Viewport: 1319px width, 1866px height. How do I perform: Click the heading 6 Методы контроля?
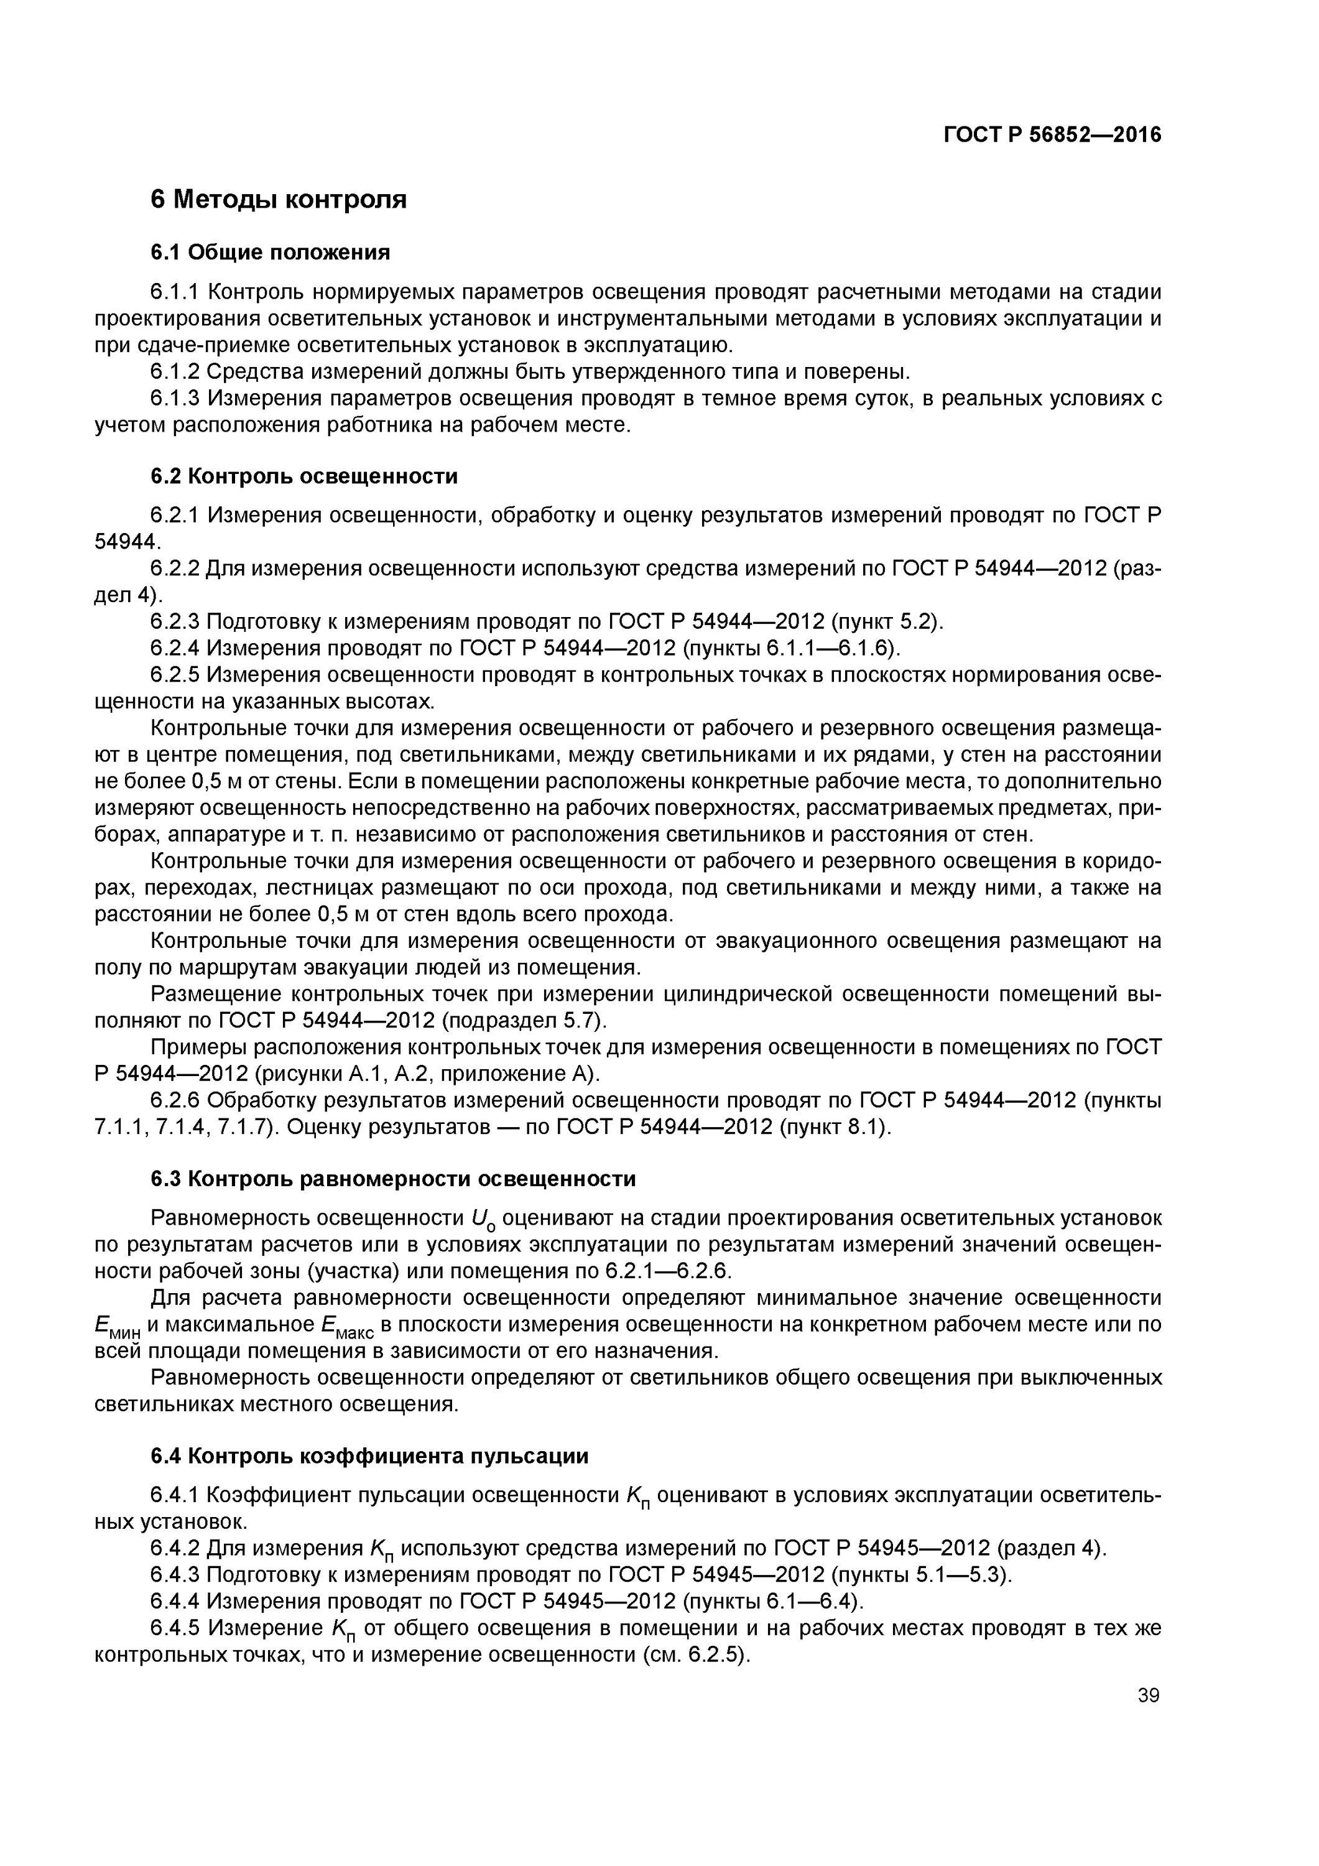coord(278,199)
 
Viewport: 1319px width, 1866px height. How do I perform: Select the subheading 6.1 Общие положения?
coord(270,253)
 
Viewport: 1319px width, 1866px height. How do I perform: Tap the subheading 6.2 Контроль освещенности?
coord(304,476)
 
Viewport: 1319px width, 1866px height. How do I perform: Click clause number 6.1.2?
coord(175,371)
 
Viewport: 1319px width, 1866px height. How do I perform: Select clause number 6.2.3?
coord(175,622)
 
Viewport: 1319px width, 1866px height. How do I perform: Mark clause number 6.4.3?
coord(175,1575)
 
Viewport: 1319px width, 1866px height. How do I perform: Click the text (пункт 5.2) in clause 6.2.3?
coord(887,622)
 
